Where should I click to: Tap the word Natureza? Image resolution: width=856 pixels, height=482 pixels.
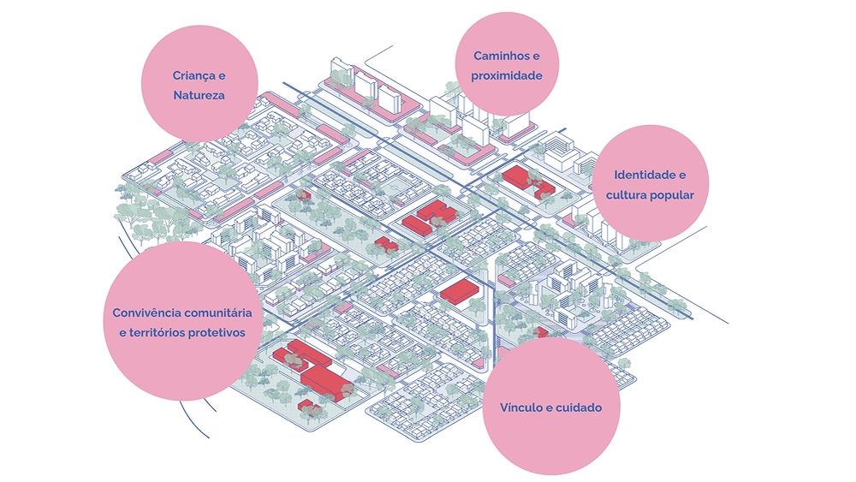[199, 95]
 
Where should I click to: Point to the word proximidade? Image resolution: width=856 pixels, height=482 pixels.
[507, 75]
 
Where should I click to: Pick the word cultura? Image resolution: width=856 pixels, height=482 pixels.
[628, 194]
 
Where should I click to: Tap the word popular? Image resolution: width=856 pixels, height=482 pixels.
[673, 194]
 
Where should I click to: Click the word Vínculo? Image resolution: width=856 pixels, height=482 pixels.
[522, 408]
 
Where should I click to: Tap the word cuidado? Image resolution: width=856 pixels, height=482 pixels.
[579, 408]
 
